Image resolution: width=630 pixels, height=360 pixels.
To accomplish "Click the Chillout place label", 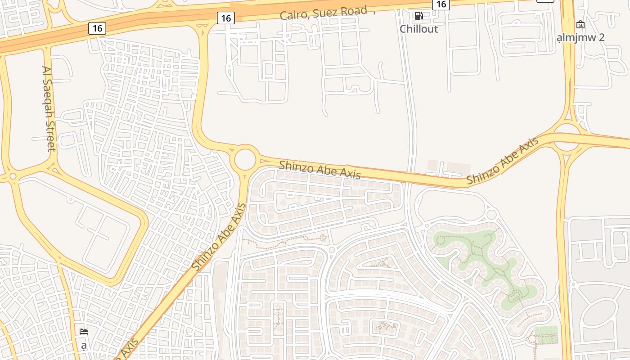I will [418, 29].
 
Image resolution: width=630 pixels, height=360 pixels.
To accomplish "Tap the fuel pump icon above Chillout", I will [419, 16].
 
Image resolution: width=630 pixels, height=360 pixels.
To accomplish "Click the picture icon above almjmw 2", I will [580, 24].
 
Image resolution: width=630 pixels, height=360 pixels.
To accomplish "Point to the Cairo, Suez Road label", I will [324, 13].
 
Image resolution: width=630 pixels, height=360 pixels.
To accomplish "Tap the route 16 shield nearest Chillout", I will [441, 4].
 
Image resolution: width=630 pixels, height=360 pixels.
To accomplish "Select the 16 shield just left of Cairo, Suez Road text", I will [226, 18].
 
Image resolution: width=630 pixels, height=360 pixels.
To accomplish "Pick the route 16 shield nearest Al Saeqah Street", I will [97, 28].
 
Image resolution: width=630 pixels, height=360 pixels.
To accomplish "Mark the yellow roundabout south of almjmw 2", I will [567, 137].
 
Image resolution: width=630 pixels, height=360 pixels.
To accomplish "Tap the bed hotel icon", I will [84, 332].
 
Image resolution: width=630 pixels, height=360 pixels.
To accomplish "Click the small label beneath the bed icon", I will [84, 346].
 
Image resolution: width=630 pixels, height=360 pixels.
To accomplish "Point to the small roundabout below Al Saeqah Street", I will [13, 176].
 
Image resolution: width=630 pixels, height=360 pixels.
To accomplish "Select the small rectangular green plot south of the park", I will [546, 335].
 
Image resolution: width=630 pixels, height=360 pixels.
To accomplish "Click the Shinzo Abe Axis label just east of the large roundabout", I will [319, 170].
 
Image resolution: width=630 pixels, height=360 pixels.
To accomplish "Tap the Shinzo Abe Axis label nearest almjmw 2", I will [502, 161].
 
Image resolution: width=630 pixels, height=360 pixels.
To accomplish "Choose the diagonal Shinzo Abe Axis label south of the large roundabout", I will [219, 237].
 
